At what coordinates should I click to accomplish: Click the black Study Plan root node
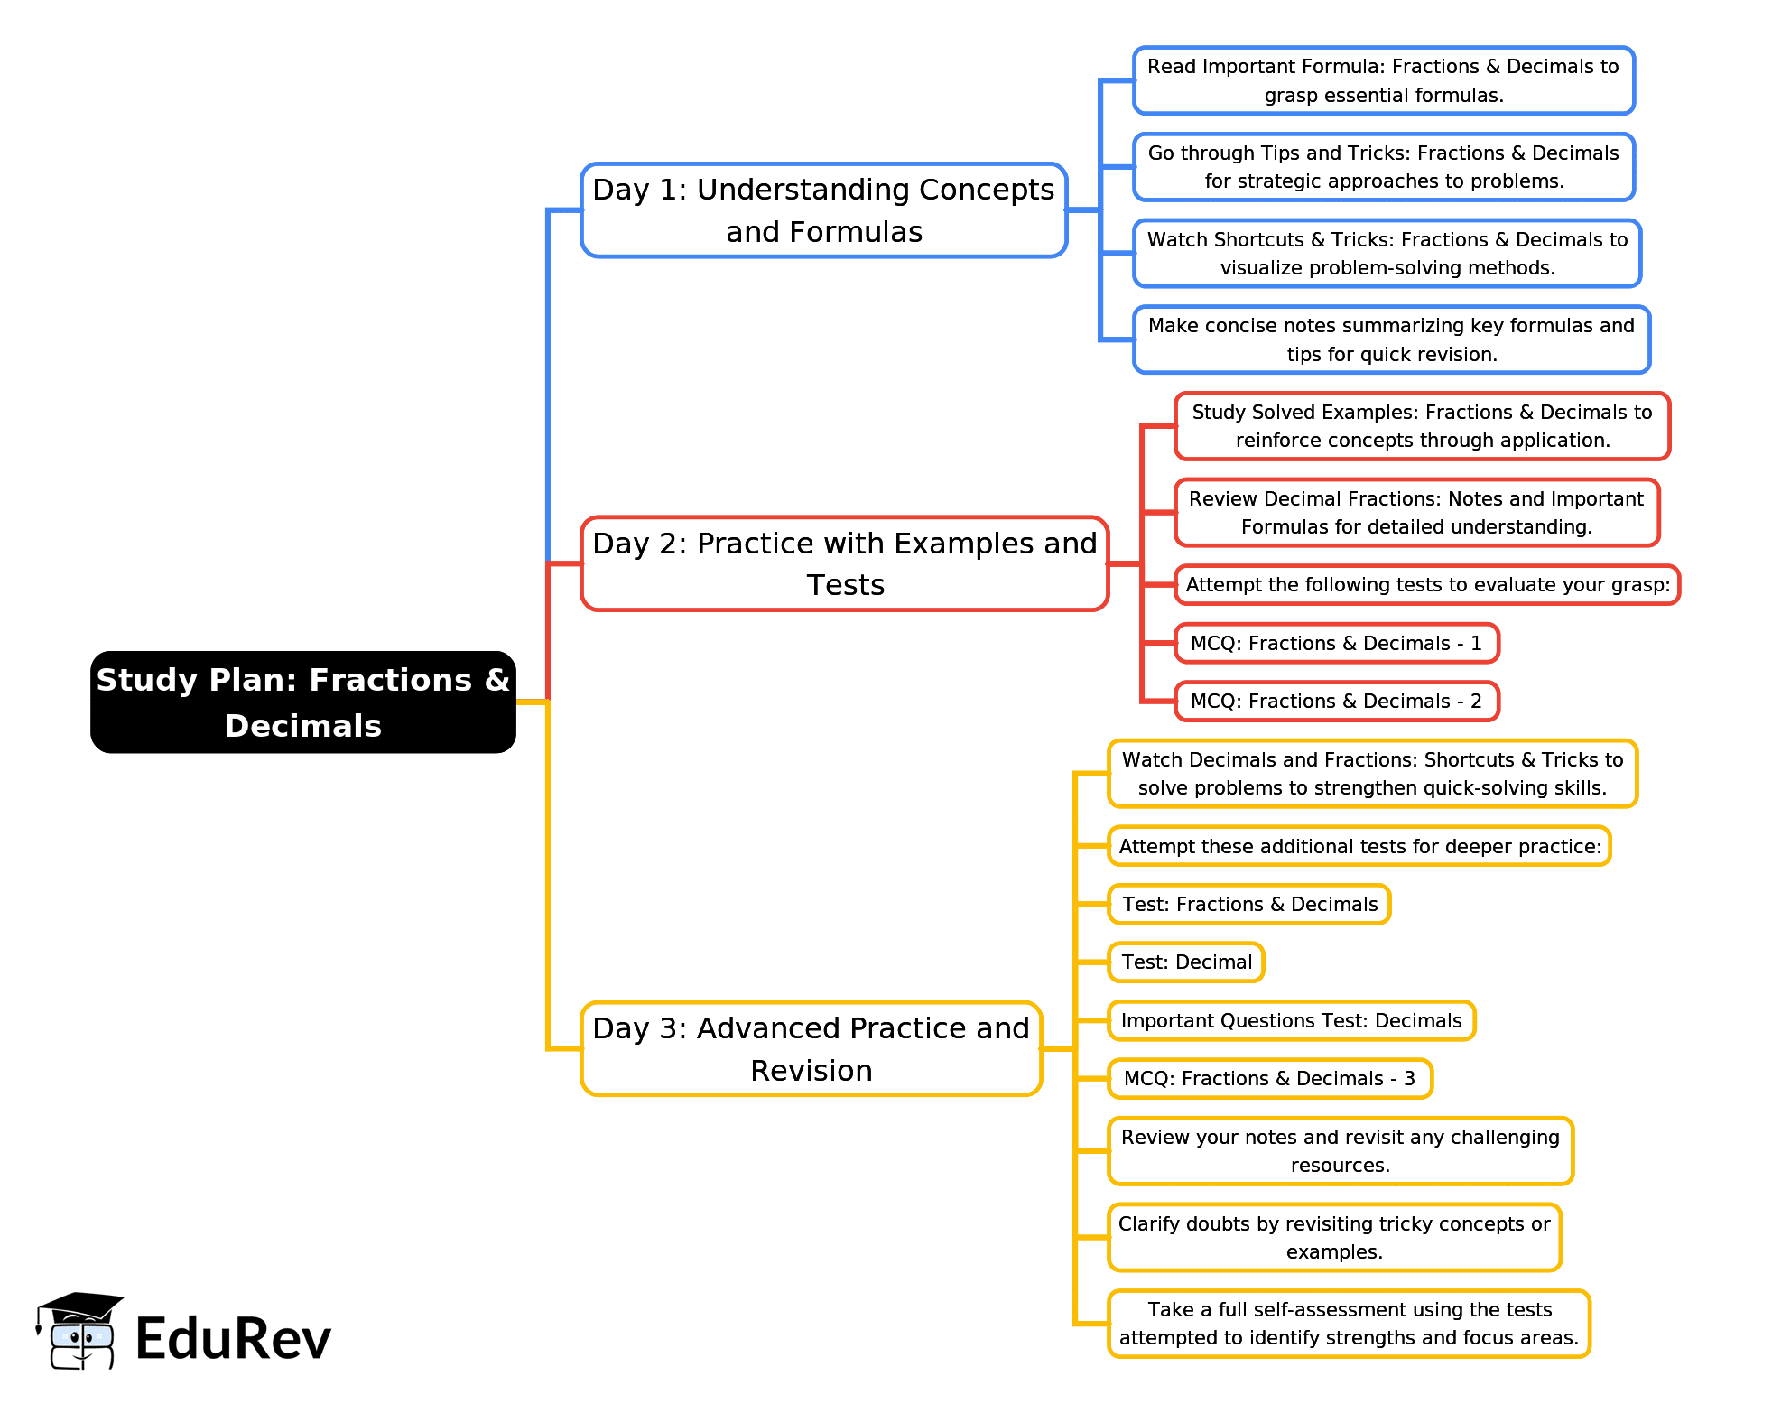click(303, 702)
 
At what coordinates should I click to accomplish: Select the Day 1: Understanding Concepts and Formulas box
click(823, 210)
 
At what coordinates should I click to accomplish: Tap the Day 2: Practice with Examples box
click(844, 563)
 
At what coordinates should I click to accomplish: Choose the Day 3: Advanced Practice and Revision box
click(811, 1048)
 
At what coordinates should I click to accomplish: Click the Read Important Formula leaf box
click(1383, 80)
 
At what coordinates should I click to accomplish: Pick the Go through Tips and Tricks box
click(1383, 167)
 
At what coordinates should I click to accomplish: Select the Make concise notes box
click(1391, 339)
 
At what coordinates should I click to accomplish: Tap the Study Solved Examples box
click(1422, 426)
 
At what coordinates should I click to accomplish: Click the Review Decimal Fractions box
click(1416, 513)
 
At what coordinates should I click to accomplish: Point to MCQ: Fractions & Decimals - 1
click(1336, 643)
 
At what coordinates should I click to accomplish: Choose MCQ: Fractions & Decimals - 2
click(1336, 701)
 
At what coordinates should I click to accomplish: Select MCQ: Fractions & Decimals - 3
click(1269, 1078)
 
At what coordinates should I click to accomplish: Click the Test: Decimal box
click(1186, 962)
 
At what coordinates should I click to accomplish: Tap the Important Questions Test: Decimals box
click(1291, 1020)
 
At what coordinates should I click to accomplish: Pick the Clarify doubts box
click(1334, 1237)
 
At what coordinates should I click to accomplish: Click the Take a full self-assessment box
click(1349, 1323)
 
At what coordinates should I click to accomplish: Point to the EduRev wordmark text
click(233, 1338)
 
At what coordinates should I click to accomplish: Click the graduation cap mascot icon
click(79, 1331)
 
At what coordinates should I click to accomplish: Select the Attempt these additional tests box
click(1359, 846)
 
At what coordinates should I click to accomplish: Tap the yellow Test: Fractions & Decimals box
click(1249, 904)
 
